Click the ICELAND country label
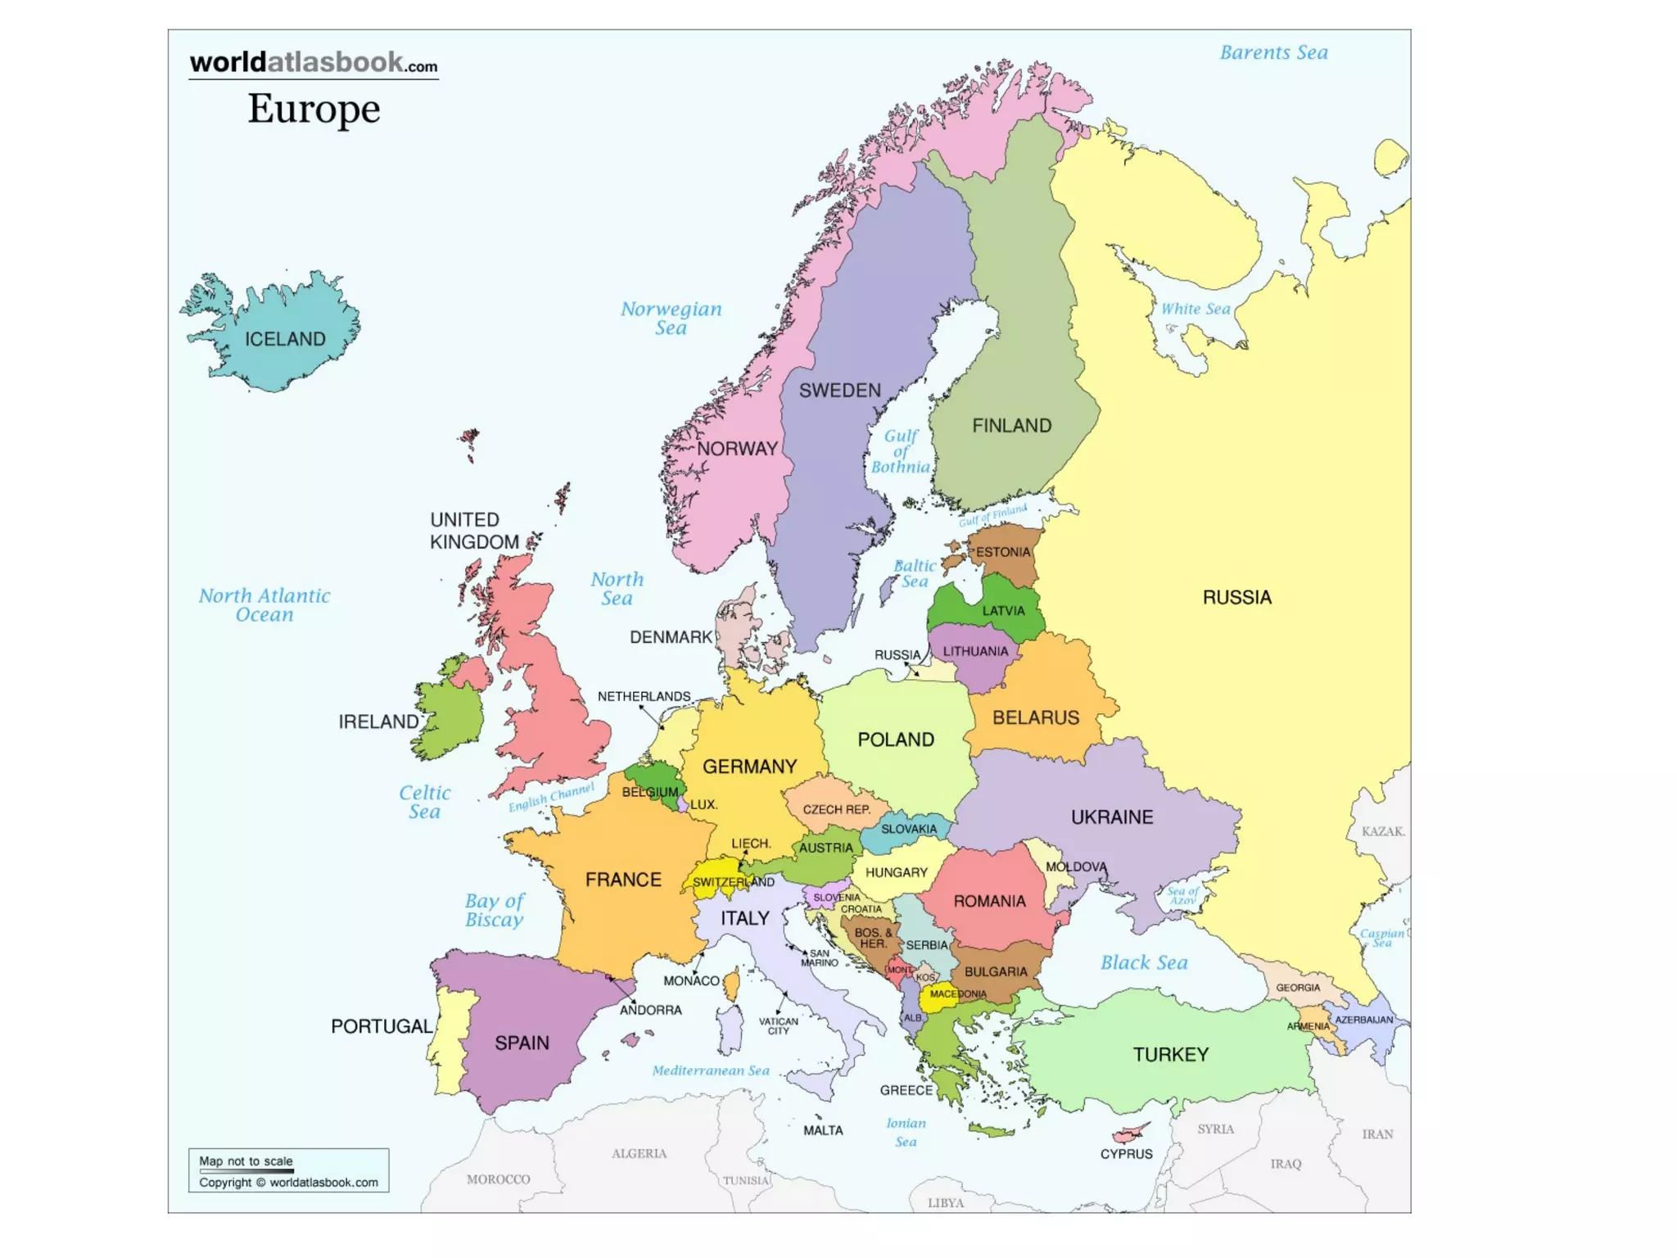click(285, 339)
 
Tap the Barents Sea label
click(1273, 53)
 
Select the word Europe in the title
click(314, 109)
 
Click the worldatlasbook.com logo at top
click(314, 63)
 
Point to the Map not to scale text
click(246, 1161)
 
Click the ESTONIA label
click(1002, 552)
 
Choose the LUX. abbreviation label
click(703, 804)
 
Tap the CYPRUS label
click(1126, 1154)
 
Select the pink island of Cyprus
click(1128, 1134)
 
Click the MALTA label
click(823, 1130)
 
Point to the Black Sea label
click(1143, 963)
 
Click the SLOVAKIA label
click(909, 829)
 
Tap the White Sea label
click(1196, 309)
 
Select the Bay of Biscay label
click(494, 911)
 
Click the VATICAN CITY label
click(778, 1026)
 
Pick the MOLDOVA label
click(1076, 867)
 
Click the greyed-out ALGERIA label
click(639, 1153)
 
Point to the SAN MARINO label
click(819, 958)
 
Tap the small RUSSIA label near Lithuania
click(897, 655)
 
